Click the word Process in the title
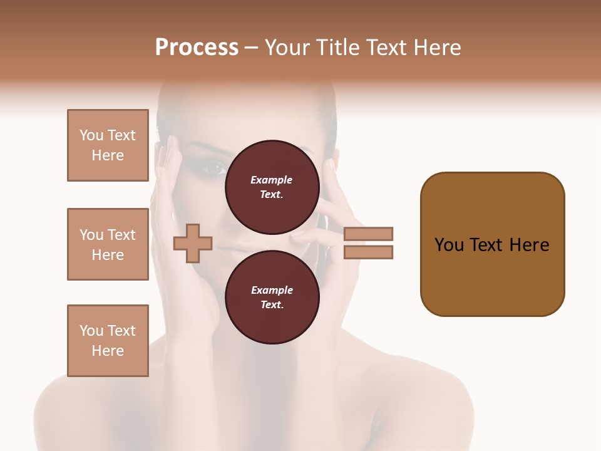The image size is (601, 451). click(x=197, y=48)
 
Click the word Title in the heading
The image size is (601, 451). click(x=337, y=48)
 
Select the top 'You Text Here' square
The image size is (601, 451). click(x=108, y=145)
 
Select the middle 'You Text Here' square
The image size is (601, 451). click(x=108, y=244)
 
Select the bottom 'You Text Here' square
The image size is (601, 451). click(x=108, y=341)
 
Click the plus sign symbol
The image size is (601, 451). click(x=193, y=243)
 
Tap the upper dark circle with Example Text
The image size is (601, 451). click(x=272, y=187)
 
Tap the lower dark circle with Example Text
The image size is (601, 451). click(x=272, y=297)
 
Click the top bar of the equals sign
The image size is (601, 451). click(x=369, y=234)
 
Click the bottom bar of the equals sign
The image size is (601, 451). click(x=369, y=252)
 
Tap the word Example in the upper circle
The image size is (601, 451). click(x=272, y=180)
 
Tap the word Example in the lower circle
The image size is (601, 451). click(x=272, y=290)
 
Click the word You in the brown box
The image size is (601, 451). click(x=448, y=245)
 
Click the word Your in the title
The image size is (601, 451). click(x=290, y=48)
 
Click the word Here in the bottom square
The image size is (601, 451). click(x=108, y=351)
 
